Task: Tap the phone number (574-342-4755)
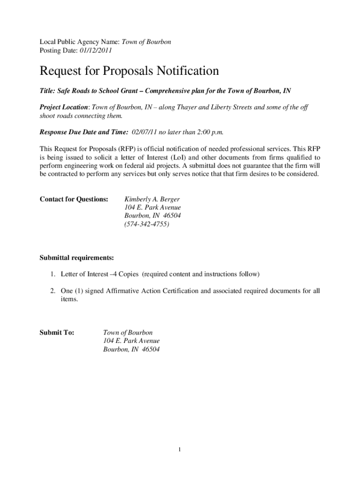(x=147, y=224)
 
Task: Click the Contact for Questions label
(x=74, y=199)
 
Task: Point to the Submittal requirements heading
(x=76, y=258)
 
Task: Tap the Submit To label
(x=57, y=333)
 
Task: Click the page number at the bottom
(x=180, y=450)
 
